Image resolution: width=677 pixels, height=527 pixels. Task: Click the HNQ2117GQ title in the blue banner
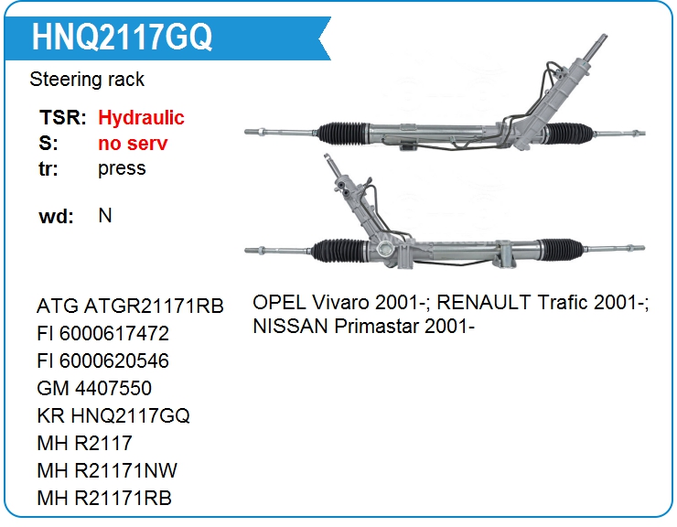click(x=123, y=37)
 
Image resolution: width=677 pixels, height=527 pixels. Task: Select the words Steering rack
click(x=87, y=80)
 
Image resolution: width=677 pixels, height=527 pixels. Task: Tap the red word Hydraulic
click(x=141, y=118)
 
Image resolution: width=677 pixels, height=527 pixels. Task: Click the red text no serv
click(x=133, y=143)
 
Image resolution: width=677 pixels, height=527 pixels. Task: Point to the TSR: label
click(x=63, y=117)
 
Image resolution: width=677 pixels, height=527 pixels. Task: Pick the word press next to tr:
click(x=122, y=169)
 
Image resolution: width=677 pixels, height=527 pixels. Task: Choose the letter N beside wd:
click(x=105, y=215)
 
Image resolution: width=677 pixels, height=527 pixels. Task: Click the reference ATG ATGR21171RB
click(x=131, y=307)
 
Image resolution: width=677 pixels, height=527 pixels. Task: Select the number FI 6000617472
click(x=102, y=333)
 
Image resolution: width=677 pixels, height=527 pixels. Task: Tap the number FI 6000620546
click(x=102, y=361)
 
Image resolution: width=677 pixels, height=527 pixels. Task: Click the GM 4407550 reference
click(x=94, y=388)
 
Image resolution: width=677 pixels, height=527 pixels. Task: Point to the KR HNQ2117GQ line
click(x=113, y=416)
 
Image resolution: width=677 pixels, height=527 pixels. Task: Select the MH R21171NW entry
click(x=107, y=470)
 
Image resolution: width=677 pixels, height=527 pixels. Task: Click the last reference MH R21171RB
click(x=104, y=498)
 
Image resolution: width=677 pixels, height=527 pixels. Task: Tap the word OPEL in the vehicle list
click(x=279, y=302)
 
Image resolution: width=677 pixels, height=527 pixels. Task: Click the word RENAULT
click(x=484, y=302)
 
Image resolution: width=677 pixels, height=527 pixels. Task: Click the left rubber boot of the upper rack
click(x=343, y=133)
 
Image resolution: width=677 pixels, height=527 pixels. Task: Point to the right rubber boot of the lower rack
click(x=562, y=249)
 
